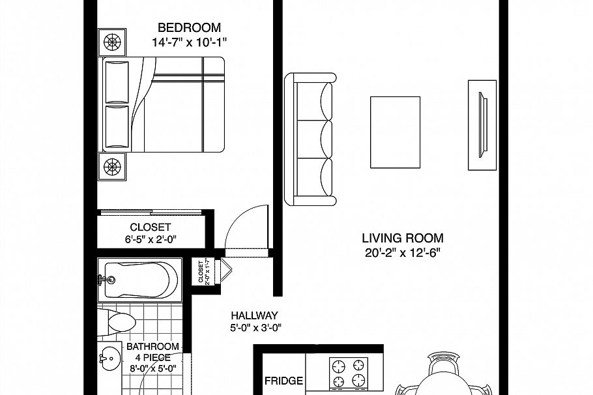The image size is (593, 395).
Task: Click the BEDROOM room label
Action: coord(189,28)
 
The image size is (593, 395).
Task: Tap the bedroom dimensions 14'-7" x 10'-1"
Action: coord(189,43)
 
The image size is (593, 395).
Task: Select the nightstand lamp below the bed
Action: coord(112,166)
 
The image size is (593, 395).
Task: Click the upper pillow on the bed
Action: coord(117,81)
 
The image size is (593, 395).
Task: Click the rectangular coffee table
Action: coord(395,132)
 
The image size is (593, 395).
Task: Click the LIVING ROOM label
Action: coord(403,239)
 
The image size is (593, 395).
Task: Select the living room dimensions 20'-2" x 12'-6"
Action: coord(403,253)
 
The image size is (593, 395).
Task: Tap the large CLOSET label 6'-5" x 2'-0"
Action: coord(150,233)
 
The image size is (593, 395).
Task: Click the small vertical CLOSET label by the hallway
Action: coord(201,272)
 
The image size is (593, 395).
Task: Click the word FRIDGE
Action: coord(283,381)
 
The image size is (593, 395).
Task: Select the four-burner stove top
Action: coord(348,373)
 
